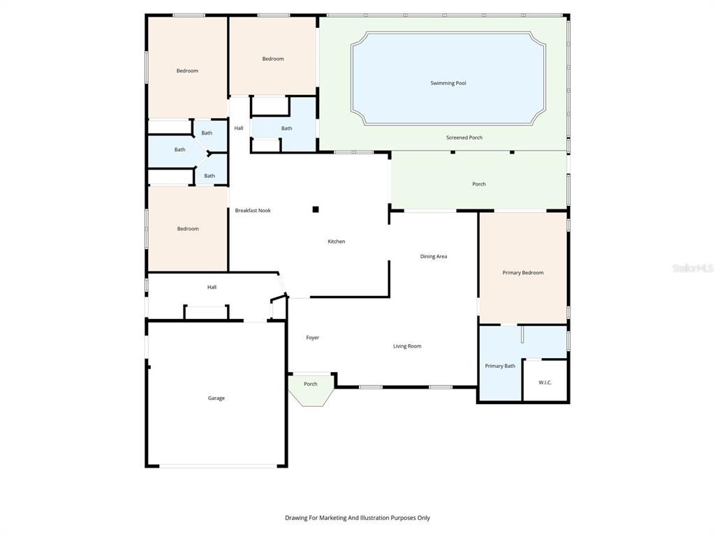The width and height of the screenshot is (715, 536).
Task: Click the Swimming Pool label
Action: (448, 83)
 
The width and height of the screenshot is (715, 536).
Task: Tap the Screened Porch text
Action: (464, 137)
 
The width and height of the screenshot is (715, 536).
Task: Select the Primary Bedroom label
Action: (522, 273)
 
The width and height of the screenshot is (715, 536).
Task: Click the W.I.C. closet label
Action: (545, 382)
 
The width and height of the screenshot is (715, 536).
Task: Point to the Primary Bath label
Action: (500, 366)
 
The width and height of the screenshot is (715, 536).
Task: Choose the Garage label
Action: (216, 398)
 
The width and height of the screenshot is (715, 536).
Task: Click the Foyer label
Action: (312, 338)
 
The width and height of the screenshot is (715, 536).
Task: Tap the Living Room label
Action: (406, 346)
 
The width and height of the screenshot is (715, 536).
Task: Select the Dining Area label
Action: (433, 256)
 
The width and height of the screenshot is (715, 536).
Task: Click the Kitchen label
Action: (336, 241)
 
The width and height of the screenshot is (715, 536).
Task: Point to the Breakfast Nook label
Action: (252, 210)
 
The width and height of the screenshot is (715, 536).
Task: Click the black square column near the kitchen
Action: (316, 209)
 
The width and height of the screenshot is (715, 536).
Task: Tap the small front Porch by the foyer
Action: (310, 384)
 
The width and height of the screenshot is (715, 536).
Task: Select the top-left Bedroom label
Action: (186, 70)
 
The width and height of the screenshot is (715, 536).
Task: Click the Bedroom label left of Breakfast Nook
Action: (187, 229)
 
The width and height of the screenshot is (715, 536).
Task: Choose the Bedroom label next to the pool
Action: (272, 59)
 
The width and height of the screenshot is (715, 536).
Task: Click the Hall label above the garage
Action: (212, 287)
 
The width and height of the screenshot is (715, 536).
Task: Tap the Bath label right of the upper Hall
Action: (286, 128)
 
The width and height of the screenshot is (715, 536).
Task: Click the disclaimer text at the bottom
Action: (357, 518)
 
